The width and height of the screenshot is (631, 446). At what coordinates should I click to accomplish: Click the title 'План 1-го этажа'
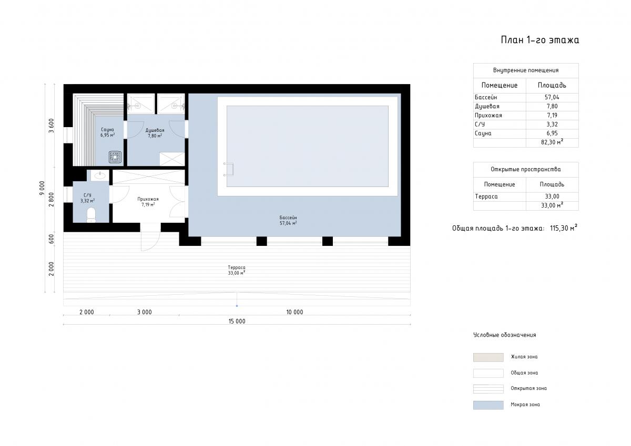click(540, 40)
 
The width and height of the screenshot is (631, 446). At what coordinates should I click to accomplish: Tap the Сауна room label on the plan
click(107, 130)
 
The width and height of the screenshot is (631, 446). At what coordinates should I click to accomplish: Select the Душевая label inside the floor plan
click(155, 130)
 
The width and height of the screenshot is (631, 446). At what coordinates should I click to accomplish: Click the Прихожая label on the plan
click(148, 199)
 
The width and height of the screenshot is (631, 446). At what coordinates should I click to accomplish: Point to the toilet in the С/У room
click(91, 215)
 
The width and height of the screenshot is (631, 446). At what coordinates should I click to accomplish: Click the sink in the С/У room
click(100, 175)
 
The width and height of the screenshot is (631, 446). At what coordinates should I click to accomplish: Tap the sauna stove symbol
click(115, 157)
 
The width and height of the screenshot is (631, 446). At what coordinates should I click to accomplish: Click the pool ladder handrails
click(228, 169)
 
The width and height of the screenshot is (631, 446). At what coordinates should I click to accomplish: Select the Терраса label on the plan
click(237, 267)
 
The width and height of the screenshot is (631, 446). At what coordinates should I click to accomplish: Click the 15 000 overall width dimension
click(237, 321)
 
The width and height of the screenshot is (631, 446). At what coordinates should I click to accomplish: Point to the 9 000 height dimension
click(42, 188)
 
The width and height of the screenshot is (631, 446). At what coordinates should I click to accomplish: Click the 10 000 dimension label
click(294, 312)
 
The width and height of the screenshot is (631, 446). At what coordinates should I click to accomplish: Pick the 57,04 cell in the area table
click(552, 97)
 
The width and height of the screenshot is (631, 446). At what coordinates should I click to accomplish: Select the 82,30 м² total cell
click(552, 142)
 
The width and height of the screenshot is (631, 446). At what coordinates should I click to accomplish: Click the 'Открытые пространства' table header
click(526, 169)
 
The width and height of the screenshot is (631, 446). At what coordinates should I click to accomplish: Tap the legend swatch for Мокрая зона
click(488, 405)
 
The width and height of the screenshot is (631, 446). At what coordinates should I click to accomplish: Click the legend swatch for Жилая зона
click(488, 357)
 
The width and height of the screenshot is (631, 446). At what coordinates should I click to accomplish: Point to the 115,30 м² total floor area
click(563, 228)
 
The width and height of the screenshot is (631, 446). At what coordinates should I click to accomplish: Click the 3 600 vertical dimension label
click(52, 126)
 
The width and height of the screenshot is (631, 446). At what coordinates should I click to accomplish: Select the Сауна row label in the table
click(483, 133)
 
